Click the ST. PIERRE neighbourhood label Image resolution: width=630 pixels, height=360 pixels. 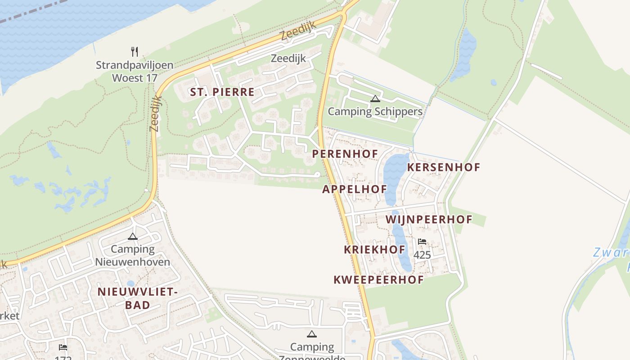point(222,92)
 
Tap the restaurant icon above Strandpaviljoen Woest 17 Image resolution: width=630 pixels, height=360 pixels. point(134,51)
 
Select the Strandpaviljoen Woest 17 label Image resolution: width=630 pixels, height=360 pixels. point(134,72)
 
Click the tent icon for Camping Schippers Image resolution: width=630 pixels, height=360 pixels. point(375,99)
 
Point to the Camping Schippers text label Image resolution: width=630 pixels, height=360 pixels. point(375,112)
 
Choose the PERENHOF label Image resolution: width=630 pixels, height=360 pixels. point(345,154)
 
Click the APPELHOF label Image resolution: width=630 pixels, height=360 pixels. point(355,189)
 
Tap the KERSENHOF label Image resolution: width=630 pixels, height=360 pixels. point(443,167)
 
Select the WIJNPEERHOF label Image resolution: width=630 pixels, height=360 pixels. point(429,220)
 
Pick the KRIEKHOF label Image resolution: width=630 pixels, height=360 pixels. point(374,250)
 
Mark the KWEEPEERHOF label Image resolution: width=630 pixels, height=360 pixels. point(378,280)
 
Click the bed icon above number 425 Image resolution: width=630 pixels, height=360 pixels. point(422,242)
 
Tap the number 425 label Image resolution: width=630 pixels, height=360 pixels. point(422,255)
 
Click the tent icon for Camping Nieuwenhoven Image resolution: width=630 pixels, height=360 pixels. point(132,236)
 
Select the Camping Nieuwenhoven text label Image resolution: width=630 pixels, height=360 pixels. point(132,256)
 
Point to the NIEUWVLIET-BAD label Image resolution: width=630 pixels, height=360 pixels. point(138,298)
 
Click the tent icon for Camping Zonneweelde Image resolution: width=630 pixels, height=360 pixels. point(311,334)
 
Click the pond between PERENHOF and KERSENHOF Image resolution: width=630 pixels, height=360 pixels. point(393,173)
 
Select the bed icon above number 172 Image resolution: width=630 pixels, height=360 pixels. point(63,347)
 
